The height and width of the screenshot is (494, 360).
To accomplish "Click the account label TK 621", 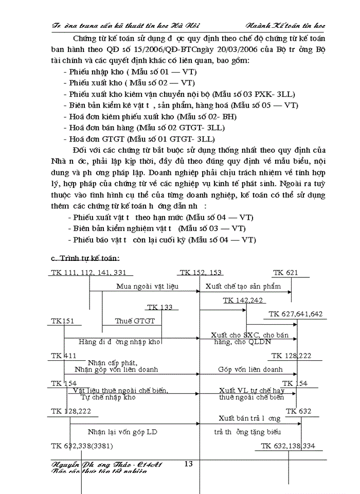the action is point(285,273).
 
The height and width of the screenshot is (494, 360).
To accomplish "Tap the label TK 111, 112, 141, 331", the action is point(88,273).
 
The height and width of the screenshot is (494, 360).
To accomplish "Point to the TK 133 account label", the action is point(159,307).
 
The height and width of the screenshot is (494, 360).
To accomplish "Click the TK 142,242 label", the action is point(243,300).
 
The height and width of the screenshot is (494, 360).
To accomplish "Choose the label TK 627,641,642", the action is point(295,314).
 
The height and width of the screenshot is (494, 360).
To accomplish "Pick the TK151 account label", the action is point(63,321).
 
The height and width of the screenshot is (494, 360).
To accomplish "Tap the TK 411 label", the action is point(63,356).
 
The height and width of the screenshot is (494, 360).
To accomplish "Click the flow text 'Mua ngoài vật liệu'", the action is point(147,286).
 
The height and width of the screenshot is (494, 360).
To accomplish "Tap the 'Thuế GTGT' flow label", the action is point(132,321).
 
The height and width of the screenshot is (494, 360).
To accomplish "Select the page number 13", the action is point(188,464).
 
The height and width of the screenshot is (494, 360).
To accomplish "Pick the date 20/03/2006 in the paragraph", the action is point(205,50).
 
